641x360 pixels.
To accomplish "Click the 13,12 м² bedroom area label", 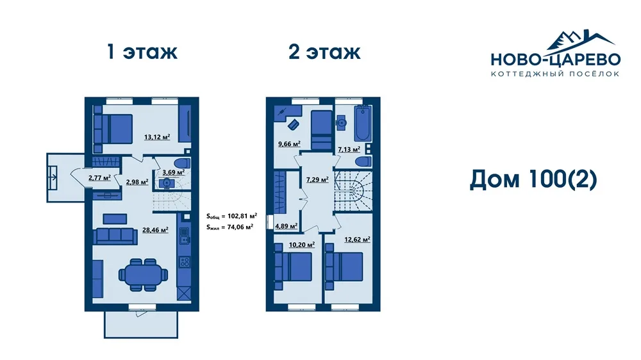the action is click(x=157, y=137).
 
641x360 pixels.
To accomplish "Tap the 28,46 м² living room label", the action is click(x=155, y=230).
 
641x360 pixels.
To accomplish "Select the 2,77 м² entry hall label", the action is click(x=100, y=177).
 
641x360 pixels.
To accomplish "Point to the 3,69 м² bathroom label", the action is click(x=173, y=172).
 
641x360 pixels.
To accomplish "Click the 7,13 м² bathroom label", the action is click(x=349, y=149).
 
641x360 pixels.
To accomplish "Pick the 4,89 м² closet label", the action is click(x=286, y=226).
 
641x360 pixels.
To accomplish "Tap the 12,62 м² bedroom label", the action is click(x=357, y=240).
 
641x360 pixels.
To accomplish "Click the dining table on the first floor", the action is click(x=144, y=274).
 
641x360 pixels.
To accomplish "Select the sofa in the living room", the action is click(x=115, y=236).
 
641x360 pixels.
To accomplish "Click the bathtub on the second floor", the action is click(x=363, y=124).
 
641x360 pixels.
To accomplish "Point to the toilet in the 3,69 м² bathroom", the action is click(x=182, y=163).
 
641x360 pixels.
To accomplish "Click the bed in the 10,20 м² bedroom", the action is click(x=294, y=266).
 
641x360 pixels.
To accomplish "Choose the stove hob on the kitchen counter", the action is click(x=185, y=261).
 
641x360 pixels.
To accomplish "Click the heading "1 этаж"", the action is click(x=142, y=53).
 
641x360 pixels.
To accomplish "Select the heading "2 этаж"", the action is click(x=324, y=53).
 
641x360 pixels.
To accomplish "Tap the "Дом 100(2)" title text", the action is click(x=533, y=180).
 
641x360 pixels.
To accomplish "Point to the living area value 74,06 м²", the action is click(x=240, y=227).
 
